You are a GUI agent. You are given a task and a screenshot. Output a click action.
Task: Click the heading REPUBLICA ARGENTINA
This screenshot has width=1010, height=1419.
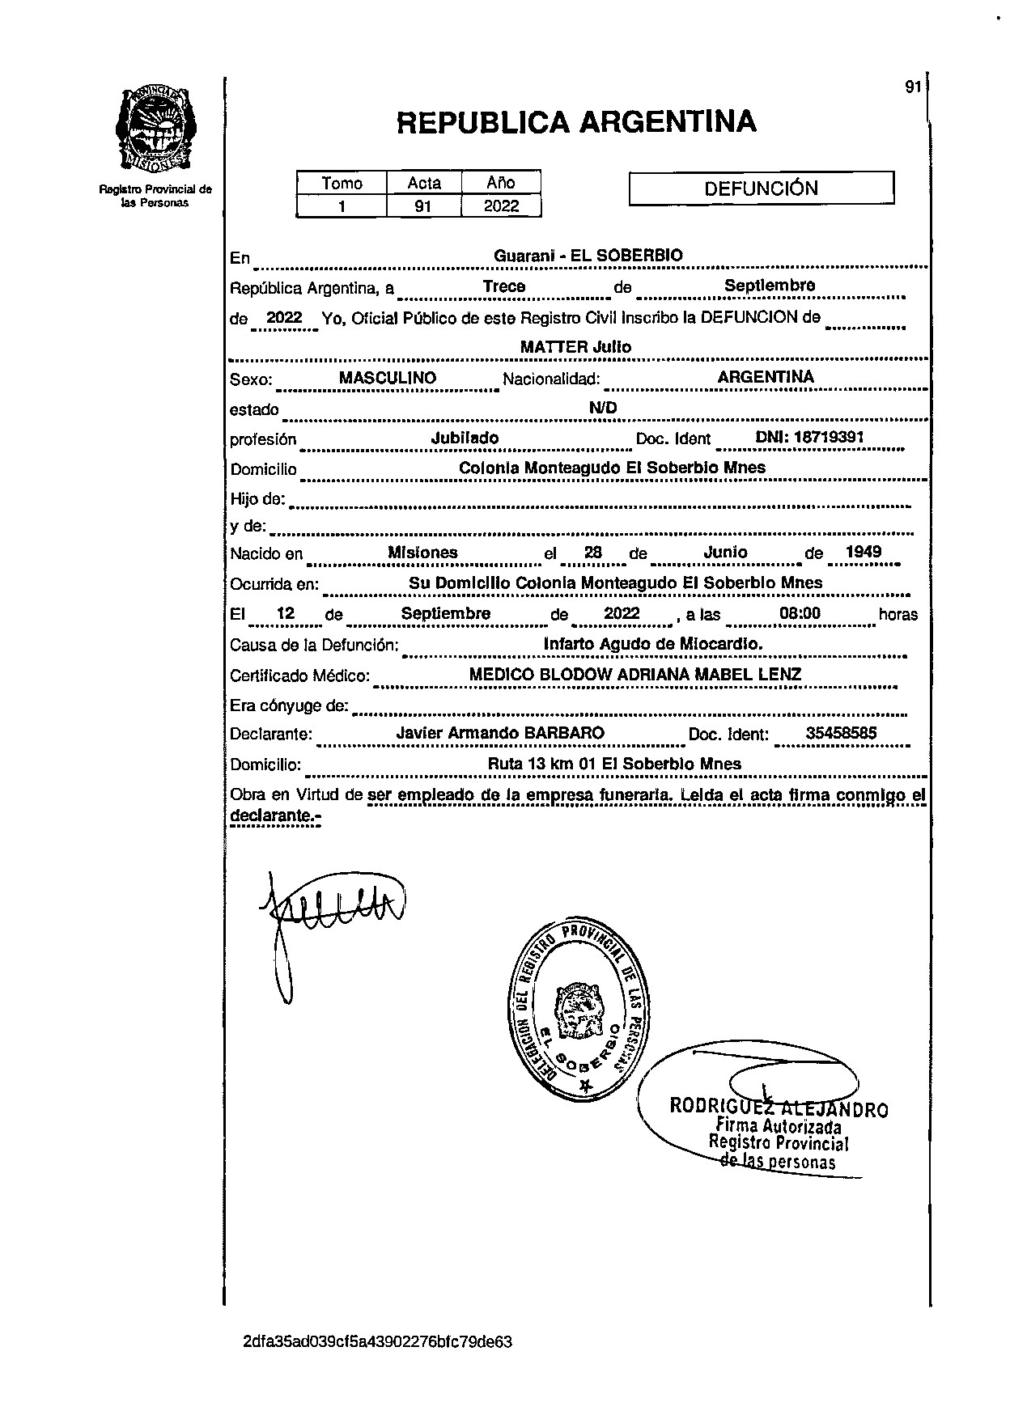point(576,122)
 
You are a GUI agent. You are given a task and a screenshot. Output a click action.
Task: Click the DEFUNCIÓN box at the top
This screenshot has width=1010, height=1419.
point(761,188)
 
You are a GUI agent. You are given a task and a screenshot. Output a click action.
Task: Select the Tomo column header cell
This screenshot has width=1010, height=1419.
point(342,183)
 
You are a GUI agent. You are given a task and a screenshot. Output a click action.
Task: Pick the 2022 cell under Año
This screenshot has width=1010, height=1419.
point(501,206)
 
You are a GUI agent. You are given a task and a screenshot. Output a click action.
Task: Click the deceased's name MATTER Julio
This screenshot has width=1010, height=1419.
point(575,347)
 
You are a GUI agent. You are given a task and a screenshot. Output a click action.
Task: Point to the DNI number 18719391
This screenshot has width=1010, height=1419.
point(829,437)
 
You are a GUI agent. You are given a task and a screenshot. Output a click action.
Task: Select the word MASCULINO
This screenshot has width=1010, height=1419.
point(388,378)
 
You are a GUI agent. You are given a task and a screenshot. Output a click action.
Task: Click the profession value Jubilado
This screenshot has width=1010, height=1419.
point(465,438)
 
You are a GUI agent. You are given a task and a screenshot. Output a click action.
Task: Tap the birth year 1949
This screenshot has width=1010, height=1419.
point(863,553)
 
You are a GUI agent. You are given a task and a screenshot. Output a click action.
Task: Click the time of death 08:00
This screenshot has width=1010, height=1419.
point(800,613)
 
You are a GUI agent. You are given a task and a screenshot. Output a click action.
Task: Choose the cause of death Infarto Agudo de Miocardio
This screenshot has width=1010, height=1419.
point(653,644)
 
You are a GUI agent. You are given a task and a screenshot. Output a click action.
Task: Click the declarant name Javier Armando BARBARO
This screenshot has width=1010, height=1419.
point(500,733)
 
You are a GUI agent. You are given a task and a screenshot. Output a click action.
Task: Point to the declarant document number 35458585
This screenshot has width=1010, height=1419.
point(842,734)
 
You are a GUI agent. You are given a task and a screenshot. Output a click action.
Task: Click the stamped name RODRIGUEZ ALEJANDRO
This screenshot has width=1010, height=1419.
point(779,1108)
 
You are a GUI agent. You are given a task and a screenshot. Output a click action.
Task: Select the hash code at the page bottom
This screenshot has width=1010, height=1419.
point(377,1342)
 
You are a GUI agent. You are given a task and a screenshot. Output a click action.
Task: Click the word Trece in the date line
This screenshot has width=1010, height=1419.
point(504,286)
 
